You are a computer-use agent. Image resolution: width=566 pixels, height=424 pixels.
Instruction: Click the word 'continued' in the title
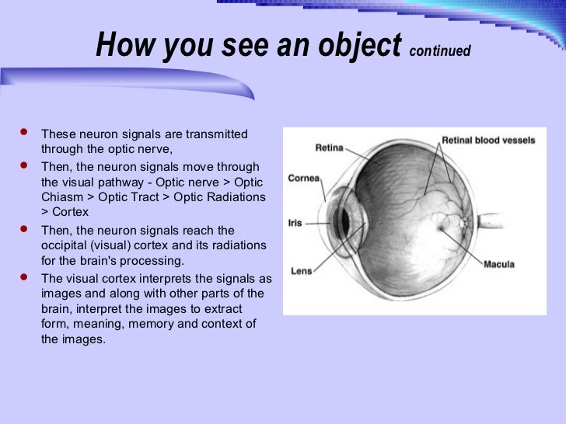point(439,51)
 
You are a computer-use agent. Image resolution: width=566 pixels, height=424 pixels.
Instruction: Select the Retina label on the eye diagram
point(330,148)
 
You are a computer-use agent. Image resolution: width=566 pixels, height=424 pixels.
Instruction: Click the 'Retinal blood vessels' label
point(487,141)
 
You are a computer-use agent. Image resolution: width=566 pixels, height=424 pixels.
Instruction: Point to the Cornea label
point(304,178)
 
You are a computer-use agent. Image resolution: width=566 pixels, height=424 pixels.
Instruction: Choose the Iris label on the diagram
point(295,222)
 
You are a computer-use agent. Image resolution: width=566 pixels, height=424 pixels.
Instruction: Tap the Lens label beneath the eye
point(301,271)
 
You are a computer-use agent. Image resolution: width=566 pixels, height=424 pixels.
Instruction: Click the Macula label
point(498,264)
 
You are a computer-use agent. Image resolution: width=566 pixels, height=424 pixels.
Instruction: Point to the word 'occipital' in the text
point(63,245)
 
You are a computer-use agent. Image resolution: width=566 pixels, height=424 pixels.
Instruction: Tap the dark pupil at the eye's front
point(344,224)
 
